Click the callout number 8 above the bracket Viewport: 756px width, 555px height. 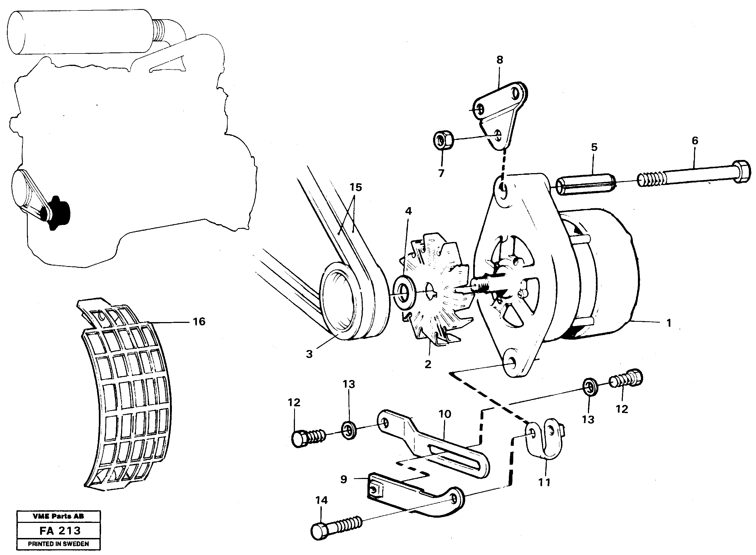click(x=500, y=60)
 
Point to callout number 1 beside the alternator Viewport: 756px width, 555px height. click(x=669, y=323)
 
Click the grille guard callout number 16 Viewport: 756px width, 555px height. click(x=199, y=322)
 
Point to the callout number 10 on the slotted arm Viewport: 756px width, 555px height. click(x=445, y=414)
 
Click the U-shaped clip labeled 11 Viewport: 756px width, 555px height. click(x=545, y=440)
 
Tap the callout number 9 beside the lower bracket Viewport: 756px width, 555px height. click(x=343, y=479)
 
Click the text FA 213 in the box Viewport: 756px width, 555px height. click(x=60, y=531)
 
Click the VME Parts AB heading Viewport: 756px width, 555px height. click(x=58, y=516)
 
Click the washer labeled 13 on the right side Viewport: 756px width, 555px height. click(x=590, y=387)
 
